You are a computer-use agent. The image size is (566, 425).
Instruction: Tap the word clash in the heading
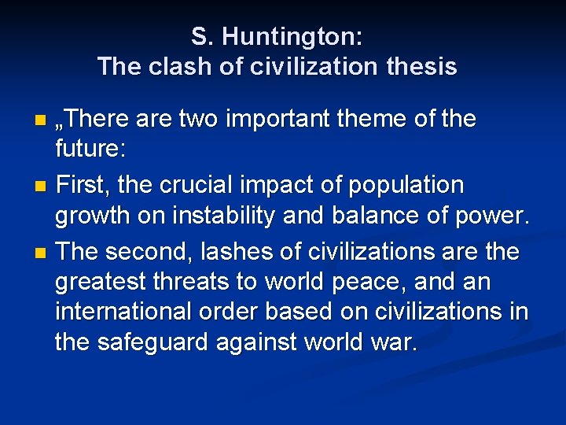pos(184,67)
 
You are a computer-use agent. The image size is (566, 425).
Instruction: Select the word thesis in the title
pos(421,67)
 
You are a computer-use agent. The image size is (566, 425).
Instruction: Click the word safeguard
pos(167,344)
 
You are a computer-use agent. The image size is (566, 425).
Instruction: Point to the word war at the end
pos(392,344)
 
